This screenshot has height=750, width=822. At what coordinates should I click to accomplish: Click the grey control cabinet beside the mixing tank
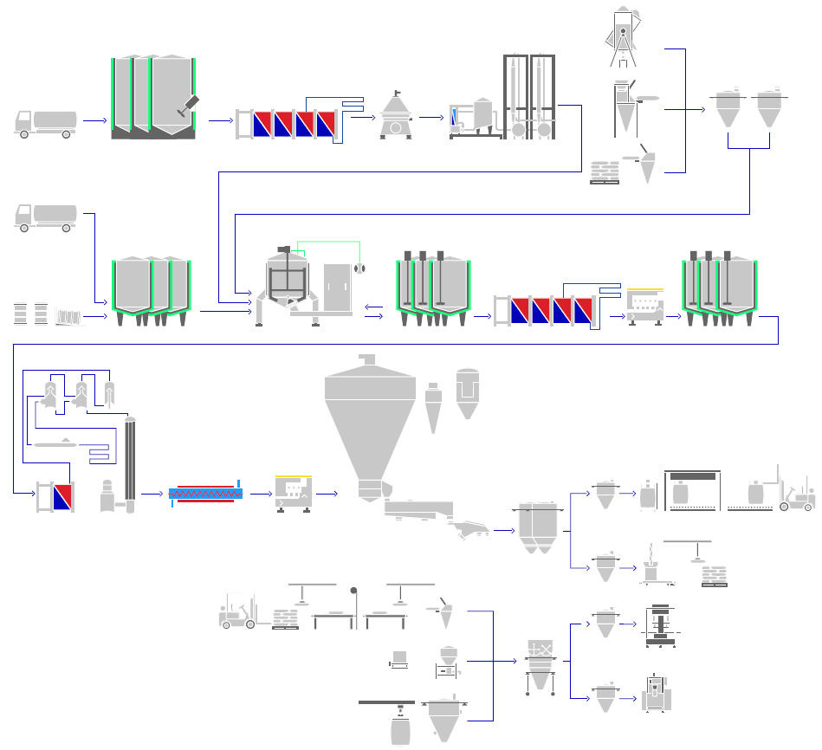pos(337,286)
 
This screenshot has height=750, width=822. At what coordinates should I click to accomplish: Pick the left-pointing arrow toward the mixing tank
pos(374,305)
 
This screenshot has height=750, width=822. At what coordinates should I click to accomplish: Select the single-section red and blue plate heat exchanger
pos(55,495)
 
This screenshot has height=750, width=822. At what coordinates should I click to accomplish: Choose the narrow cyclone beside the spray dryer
pos(433,403)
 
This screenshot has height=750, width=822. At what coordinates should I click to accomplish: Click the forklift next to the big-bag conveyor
pos(797,494)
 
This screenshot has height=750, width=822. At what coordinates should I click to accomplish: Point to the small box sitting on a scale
pos(400,658)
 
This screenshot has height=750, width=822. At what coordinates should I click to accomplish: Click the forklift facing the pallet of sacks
pos(238,610)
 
